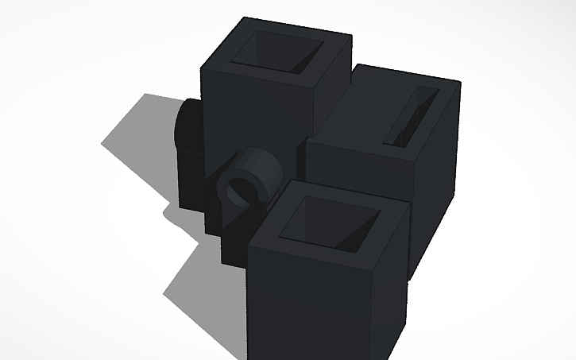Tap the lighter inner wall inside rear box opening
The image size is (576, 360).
306,59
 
